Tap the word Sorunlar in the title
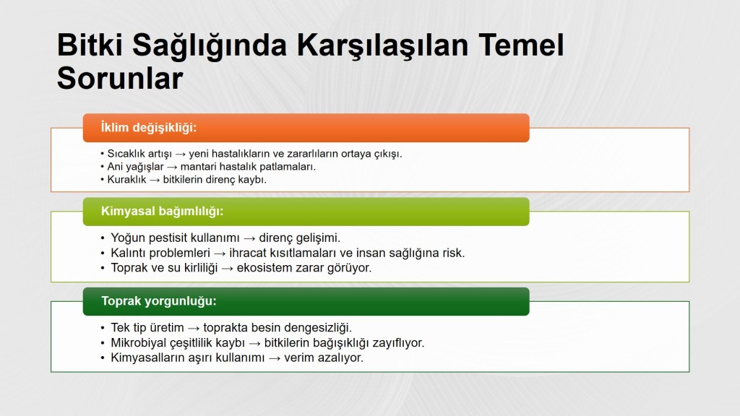pyautogui.click(x=120, y=78)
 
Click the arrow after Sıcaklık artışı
pyautogui.click(x=180, y=155)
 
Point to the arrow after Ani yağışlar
pyautogui.click(x=172, y=167)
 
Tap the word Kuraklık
pyautogui.click(x=126, y=180)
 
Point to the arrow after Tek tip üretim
pyautogui.click(x=194, y=329)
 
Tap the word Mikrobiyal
pyautogui.click(x=139, y=343)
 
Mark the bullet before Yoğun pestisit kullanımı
pyautogui.click(x=103, y=238)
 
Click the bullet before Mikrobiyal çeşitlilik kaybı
pyautogui.click(x=103, y=343)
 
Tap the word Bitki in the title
pyautogui.click(x=90, y=45)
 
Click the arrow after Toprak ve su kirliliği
pyautogui.click(x=228, y=269)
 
